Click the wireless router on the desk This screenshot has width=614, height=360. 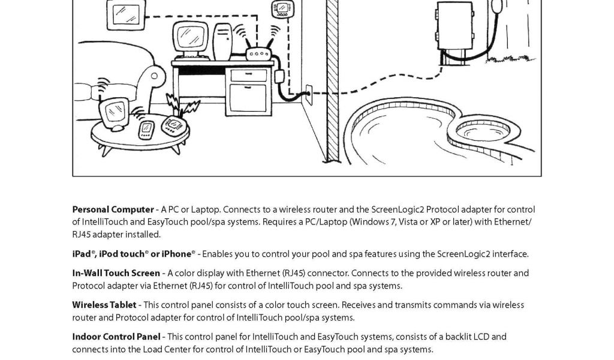pos(260,54)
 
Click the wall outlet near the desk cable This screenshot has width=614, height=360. pos(309,92)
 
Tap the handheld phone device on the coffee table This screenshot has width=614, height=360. pos(146,128)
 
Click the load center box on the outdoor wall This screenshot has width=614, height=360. pos(454,26)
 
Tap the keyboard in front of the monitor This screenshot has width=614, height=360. pos(191,58)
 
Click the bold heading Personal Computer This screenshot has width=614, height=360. pos(113,209)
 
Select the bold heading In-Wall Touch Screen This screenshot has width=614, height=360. pos(116,273)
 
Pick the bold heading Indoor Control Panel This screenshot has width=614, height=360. pos(116,337)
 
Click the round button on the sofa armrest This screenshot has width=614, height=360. pos(155,76)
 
